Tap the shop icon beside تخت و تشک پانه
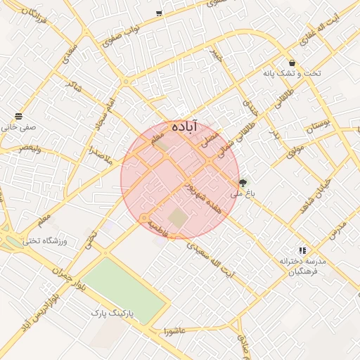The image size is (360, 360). tap(292, 63)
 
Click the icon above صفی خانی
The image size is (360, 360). tap(18, 116)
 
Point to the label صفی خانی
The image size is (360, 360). tap(18, 127)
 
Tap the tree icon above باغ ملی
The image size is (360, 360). tap(243, 183)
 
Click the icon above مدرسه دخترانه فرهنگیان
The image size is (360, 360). tap(302, 250)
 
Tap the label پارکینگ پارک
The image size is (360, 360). tap(117, 311)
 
